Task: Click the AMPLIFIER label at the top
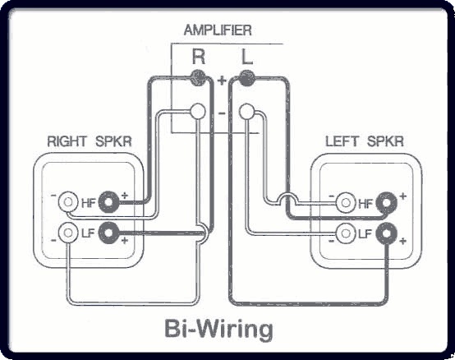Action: point(218,30)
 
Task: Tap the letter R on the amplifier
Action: point(199,57)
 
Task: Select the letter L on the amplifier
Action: point(247,57)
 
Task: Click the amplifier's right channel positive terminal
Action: point(199,78)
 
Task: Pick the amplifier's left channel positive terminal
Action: point(246,78)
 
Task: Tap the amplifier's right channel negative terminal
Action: point(198,111)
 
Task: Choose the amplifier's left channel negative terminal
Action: point(247,112)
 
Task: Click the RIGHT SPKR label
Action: point(90,141)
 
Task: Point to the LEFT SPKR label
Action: point(365,141)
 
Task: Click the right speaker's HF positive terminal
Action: point(108,202)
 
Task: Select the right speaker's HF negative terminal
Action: point(68,202)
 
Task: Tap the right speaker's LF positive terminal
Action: point(108,233)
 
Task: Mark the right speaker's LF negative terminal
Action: point(68,233)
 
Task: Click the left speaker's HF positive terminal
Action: point(386,202)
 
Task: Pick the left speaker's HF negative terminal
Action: point(346,202)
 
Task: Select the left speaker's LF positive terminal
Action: point(386,233)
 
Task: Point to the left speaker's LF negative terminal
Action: point(346,233)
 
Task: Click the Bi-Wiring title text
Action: point(218,328)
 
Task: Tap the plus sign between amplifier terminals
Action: point(222,80)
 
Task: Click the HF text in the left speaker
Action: point(365,204)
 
